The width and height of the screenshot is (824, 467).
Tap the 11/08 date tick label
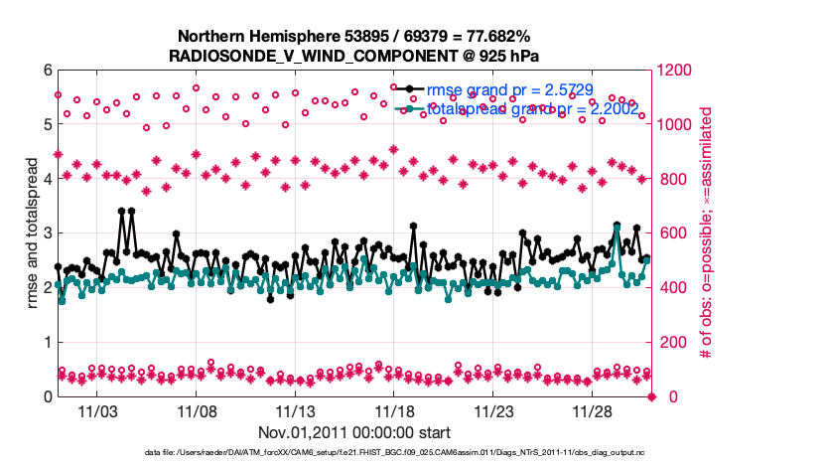197,411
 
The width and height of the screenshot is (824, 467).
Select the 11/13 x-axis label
295,411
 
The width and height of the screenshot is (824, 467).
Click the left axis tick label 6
46,71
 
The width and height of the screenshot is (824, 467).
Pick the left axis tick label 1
46,343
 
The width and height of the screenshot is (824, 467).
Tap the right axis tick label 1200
675,71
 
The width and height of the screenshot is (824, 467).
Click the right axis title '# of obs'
707,233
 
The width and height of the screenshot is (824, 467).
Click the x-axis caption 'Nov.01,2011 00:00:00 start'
354,432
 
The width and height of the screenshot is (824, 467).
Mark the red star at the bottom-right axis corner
652,396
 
